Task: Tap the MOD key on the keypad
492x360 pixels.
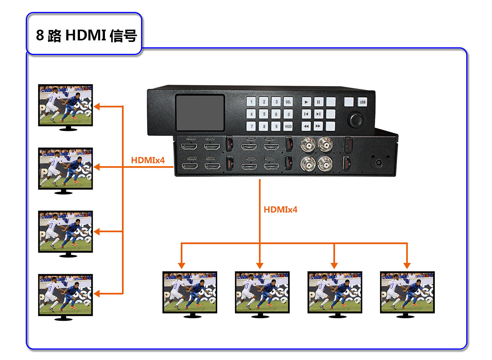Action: (x=288, y=126)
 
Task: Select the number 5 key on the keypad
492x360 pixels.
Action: (x=264, y=114)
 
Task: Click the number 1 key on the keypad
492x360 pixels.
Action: (x=251, y=102)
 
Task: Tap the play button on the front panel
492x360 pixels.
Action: (x=306, y=102)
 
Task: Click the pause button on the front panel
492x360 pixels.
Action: (x=318, y=102)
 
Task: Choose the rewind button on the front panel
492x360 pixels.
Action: (x=306, y=126)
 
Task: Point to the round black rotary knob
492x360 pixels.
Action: (x=355, y=120)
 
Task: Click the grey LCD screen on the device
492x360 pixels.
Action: (x=200, y=112)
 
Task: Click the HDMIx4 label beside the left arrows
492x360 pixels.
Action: (x=148, y=160)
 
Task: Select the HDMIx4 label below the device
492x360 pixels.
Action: (x=280, y=210)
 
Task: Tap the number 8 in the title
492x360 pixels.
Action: (x=40, y=35)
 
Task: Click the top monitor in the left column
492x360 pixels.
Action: (x=65, y=105)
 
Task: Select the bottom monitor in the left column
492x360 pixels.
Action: (x=65, y=295)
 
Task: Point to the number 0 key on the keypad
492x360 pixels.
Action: (x=288, y=114)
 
